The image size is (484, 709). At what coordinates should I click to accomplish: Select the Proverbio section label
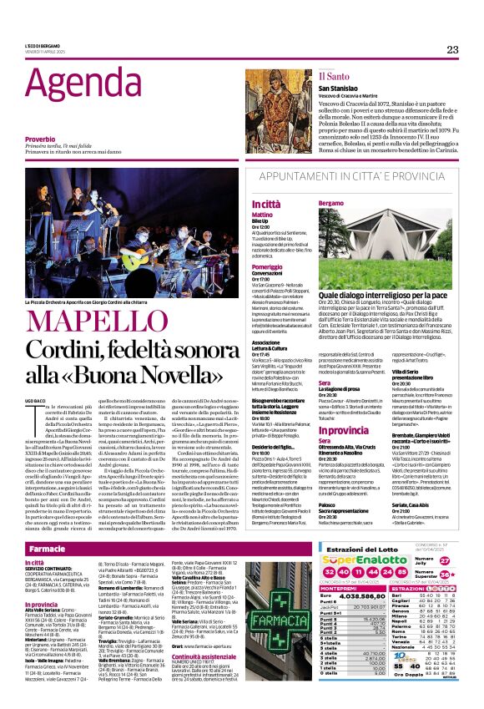point(40,139)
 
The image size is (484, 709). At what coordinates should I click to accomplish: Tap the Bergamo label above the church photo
point(331,203)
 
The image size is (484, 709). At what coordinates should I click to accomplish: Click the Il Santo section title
point(310,75)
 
